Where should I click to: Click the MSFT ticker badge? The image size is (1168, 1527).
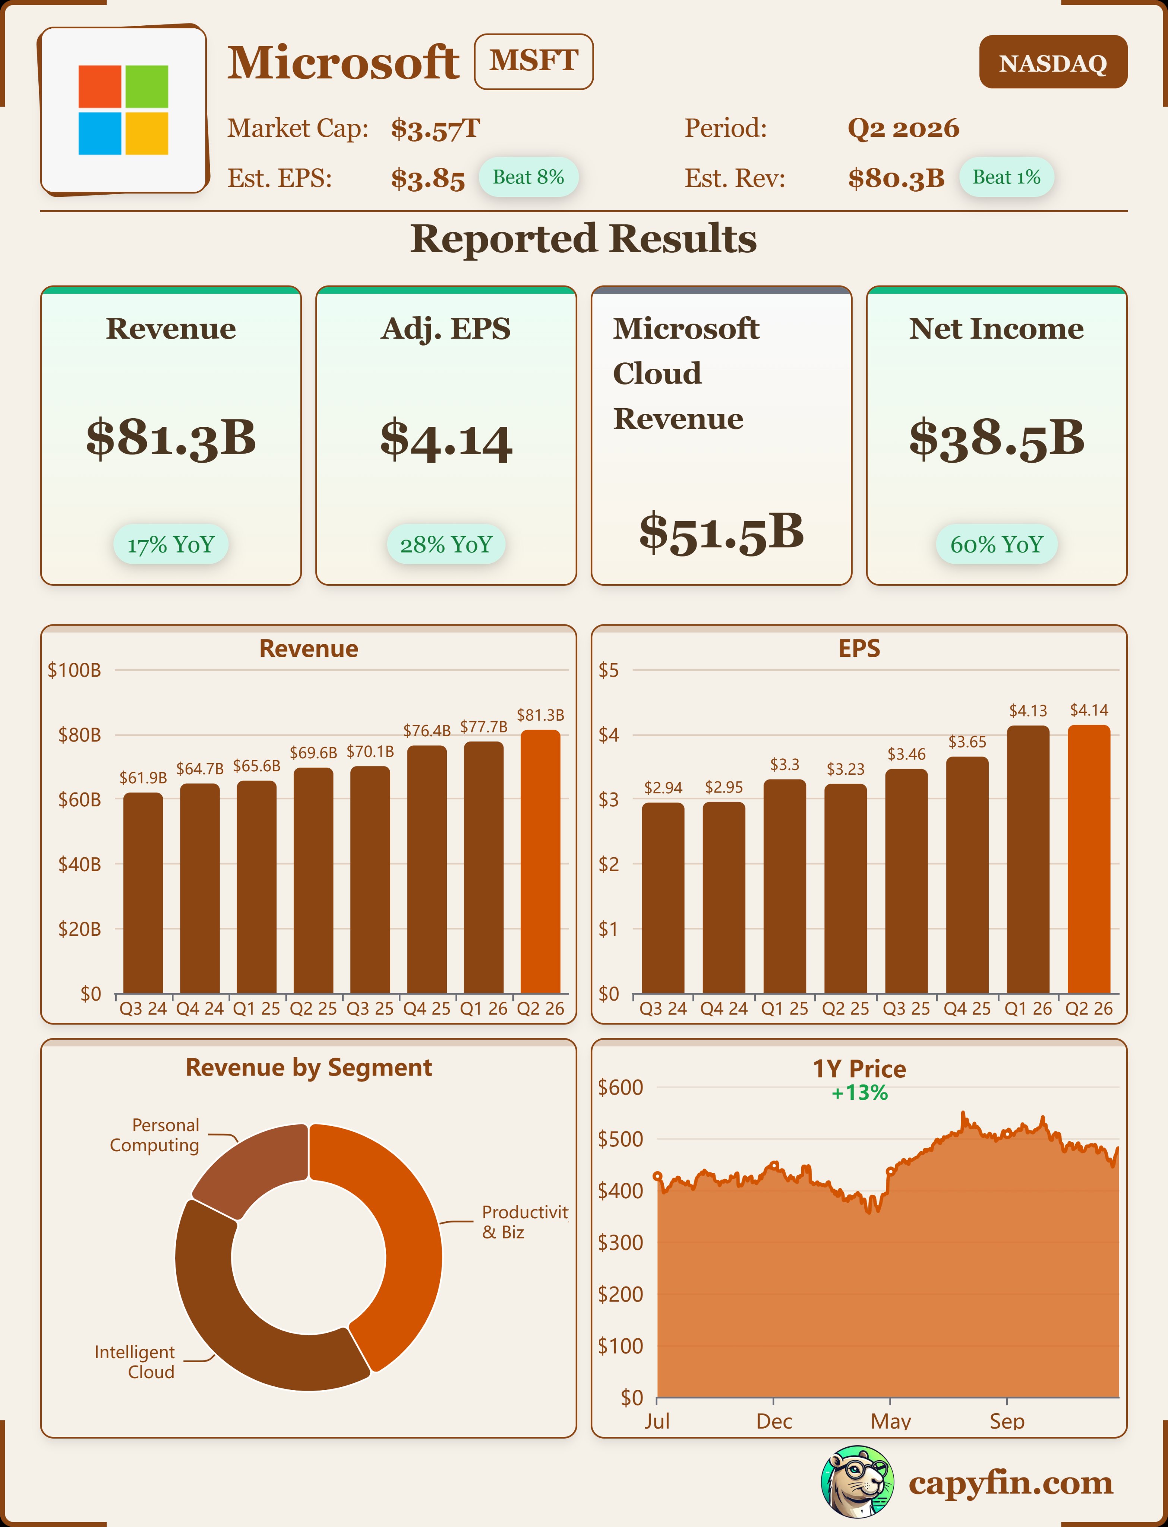tap(533, 61)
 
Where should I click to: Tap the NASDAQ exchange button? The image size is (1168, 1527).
tap(1052, 63)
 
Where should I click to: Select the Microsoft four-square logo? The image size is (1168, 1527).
tap(123, 110)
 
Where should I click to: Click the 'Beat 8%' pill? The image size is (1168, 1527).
tap(528, 177)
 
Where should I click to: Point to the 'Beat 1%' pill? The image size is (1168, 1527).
tap(1006, 177)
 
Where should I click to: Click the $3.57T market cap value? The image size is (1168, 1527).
tap(435, 129)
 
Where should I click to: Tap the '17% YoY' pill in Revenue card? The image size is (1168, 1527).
tap(171, 544)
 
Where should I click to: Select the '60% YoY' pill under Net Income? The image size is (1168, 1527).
tap(996, 544)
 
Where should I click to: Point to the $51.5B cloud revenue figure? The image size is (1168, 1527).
tap(721, 532)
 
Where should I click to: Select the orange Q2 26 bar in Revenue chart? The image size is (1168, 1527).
tap(540, 862)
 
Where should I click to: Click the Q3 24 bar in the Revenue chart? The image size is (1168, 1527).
tap(143, 894)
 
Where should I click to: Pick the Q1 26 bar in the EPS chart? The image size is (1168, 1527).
tap(1027, 859)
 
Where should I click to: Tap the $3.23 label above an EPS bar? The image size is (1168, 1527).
tap(845, 769)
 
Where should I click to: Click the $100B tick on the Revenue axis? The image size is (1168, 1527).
tap(75, 670)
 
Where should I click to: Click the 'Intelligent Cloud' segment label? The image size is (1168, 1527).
tap(135, 1361)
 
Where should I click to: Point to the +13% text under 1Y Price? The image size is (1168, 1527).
tap(859, 1093)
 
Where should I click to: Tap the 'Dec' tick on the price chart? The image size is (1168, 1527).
tap(774, 1421)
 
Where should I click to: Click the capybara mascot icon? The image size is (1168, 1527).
tap(857, 1482)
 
